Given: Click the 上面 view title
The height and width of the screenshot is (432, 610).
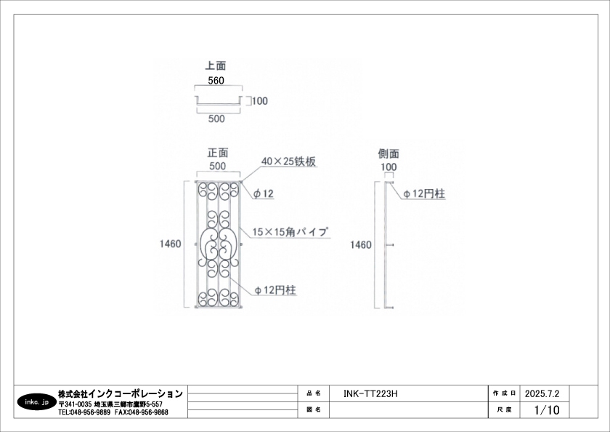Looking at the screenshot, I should click(x=216, y=65).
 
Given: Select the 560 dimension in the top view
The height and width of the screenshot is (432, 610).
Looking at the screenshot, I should click(x=216, y=81).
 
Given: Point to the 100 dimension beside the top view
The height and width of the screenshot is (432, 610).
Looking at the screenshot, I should click(x=260, y=101).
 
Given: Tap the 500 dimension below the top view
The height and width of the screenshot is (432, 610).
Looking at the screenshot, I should click(x=216, y=118).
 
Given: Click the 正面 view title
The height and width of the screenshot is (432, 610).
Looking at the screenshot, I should click(x=218, y=153).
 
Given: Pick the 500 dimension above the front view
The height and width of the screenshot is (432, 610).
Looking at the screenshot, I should click(x=217, y=166).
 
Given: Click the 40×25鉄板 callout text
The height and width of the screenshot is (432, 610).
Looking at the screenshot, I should click(x=288, y=161).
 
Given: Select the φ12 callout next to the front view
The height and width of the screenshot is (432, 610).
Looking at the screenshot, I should click(x=263, y=193).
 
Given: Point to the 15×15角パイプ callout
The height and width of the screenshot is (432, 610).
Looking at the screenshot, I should click(x=290, y=232).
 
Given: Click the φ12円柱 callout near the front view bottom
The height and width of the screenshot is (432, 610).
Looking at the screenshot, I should click(x=274, y=289).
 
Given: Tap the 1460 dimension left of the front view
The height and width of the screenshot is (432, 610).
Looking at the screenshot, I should click(x=171, y=244).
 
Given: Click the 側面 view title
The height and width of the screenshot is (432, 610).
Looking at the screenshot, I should click(x=389, y=154).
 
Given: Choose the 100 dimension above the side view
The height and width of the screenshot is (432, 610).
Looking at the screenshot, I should click(x=389, y=167).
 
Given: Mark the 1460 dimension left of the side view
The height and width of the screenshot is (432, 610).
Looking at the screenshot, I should click(x=361, y=246).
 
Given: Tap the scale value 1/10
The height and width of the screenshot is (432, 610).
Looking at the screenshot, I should click(x=546, y=410).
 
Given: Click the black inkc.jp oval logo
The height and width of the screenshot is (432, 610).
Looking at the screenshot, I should click(x=36, y=401).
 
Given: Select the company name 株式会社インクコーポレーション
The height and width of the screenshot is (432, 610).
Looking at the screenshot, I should click(x=120, y=393).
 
